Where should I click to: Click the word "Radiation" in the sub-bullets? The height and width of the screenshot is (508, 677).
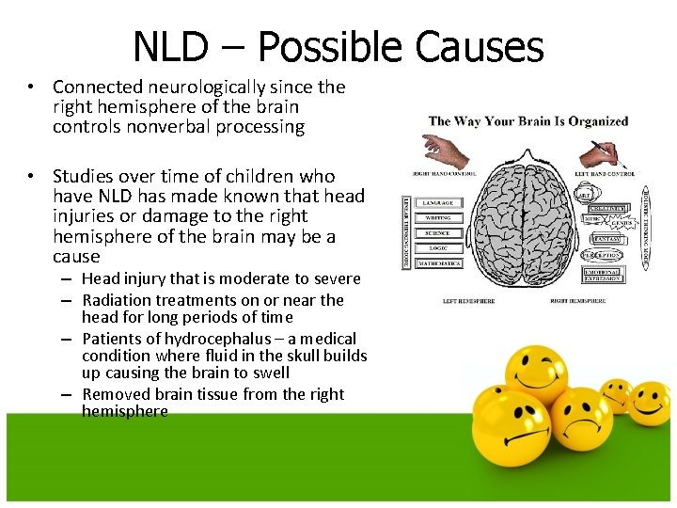117,300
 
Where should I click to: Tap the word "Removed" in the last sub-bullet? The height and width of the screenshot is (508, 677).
118,394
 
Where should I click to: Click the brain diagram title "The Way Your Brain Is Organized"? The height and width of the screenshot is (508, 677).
528,120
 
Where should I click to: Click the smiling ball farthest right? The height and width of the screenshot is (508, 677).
649,403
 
